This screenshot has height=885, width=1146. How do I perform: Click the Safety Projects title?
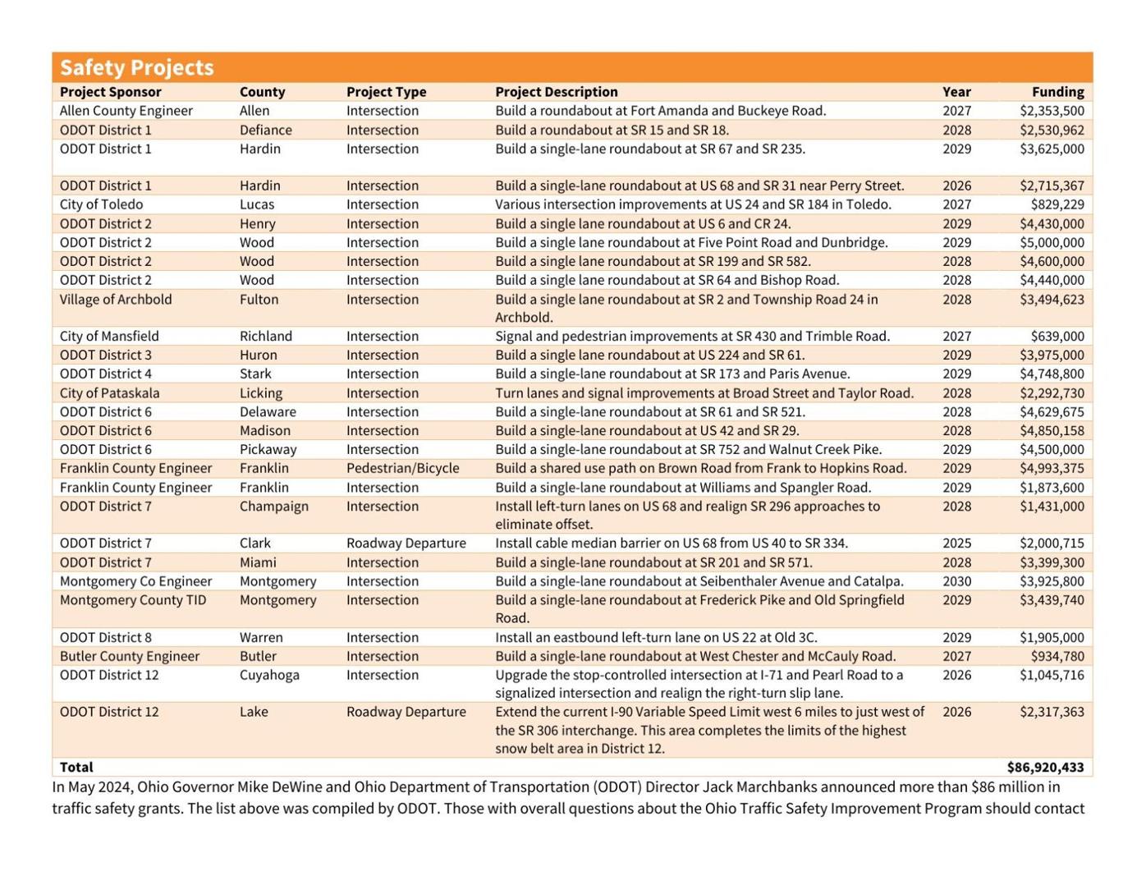pos(136,67)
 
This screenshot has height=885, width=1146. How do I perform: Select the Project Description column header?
pos(556,92)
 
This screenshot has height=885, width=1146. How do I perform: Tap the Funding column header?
pos(1057,92)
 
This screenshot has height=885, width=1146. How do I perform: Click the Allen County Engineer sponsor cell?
pos(126,111)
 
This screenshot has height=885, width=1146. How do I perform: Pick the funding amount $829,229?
pos(1057,204)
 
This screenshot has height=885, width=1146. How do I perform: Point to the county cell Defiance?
pos(265,130)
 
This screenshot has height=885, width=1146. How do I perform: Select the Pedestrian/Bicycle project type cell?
pos(402,468)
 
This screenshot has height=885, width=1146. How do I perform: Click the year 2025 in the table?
pos(956,543)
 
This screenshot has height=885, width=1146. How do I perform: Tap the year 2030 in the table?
pos(956,581)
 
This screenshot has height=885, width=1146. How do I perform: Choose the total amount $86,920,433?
pos(1045,767)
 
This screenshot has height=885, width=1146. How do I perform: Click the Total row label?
pos(76,767)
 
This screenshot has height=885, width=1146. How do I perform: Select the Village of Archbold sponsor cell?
pos(116,300)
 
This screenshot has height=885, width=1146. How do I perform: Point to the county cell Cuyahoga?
pos(269,675)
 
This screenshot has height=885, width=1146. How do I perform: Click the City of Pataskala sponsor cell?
pos(109,393)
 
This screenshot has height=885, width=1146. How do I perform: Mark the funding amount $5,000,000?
pos(1052,242)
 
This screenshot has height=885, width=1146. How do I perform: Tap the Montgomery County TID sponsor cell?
pos(133,600)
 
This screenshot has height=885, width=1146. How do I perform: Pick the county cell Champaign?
pos(274,506)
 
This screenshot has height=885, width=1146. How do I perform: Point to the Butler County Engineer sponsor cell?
pos(129,656)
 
